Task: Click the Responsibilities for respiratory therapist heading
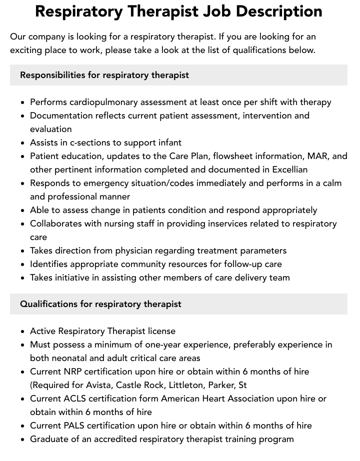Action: pyautogui.click(x=104, y=75)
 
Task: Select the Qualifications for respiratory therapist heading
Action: pyautogui.click(x=100, y=304)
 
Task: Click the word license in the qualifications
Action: pyautogui.click(x=159, y=331)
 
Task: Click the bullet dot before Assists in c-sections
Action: pyautogui.click(x=23, y=143)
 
